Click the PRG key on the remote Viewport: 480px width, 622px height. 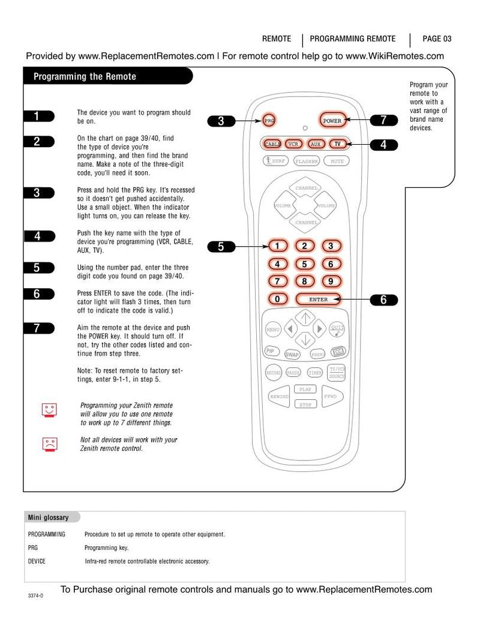(x=269, y=121)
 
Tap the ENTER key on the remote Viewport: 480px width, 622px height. (x=318, y=299)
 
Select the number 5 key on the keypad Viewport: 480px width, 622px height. (x=304, y=264)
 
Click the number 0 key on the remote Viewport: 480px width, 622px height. (x=277, y=299)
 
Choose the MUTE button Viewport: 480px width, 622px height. (x=337, y=161)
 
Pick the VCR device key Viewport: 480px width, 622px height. (x=293, y=144)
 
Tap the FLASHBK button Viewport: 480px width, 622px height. (x=307, y=161)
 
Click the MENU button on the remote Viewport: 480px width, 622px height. (x=273, y=330)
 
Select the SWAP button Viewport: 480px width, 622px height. (x=292, y=354)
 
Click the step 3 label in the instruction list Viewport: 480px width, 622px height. (x=37, y=193)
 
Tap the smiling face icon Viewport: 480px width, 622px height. (x=49, y=409)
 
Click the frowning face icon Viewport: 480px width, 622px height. (x=49, y=444)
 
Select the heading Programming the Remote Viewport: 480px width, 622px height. (x=85, y=76)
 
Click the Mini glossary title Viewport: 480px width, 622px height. (x=49, y=518)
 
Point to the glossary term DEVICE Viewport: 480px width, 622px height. (x=37, y=561)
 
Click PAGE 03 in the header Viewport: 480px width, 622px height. (x=437, y=39)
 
